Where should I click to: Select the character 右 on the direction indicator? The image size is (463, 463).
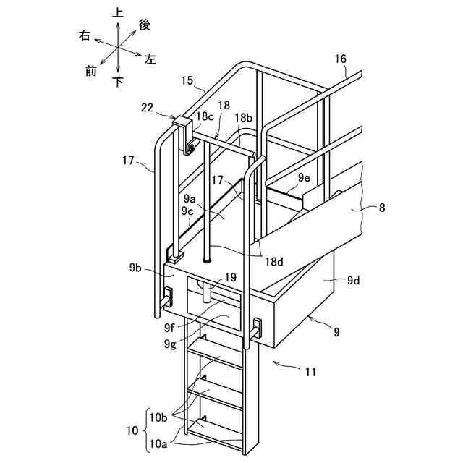point(85,37)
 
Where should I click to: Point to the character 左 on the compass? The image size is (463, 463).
point(150,59)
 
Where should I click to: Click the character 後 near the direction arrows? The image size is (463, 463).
point(144,25)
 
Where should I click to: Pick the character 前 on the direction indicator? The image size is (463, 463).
point(91,70)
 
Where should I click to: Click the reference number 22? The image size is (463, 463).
point(147,108)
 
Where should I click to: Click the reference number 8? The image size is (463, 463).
point(382,208)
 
